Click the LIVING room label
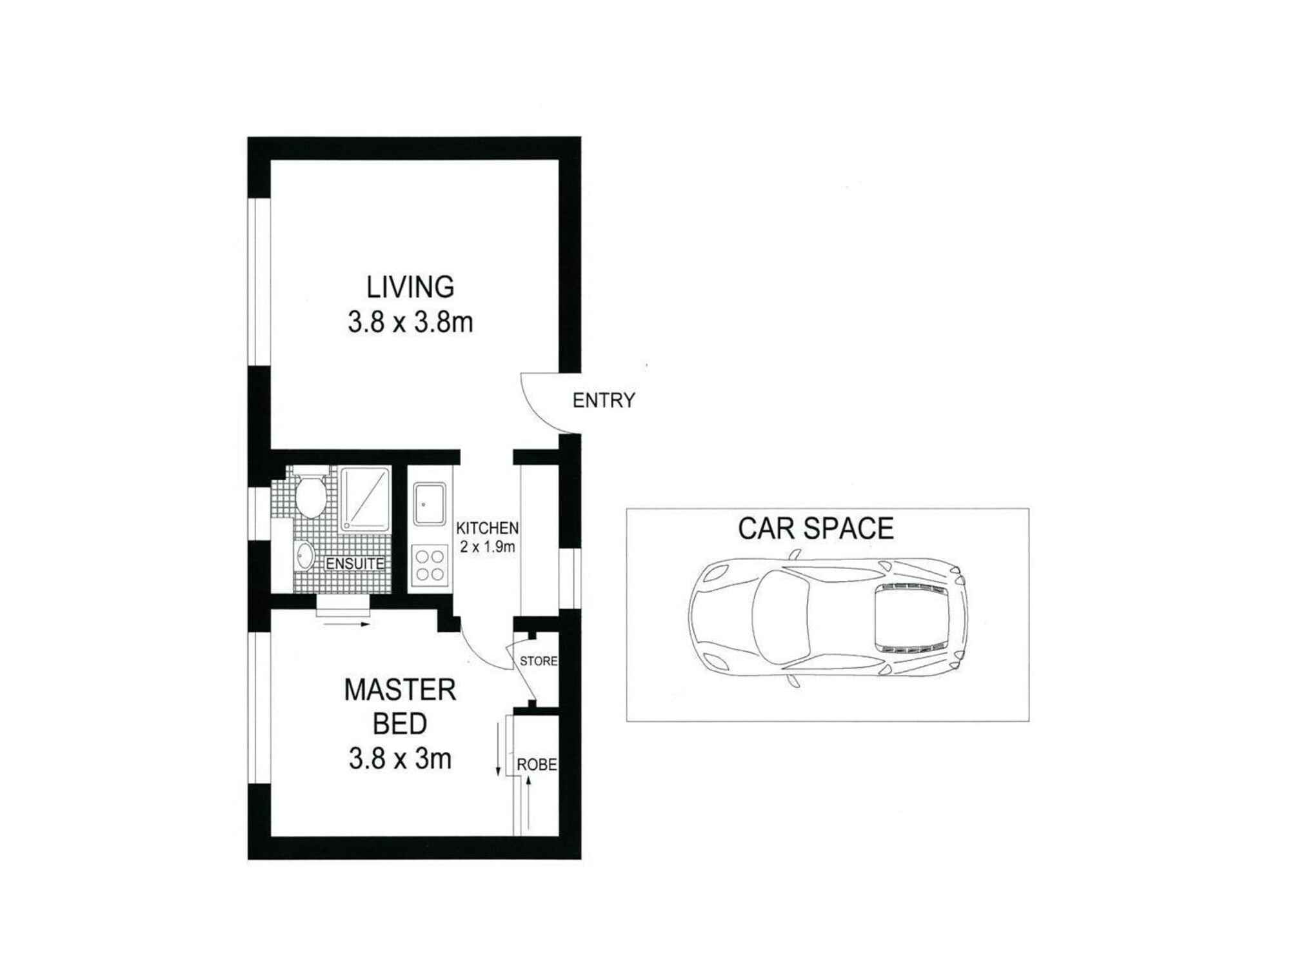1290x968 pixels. [410, 287]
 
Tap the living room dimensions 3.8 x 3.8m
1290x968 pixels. [410, 322]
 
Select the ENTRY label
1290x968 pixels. [604, 401]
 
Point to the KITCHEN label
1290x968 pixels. [487, 528]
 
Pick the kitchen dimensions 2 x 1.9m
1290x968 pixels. [487, 547]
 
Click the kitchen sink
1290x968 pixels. [430, 505]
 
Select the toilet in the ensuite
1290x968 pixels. [310, 497]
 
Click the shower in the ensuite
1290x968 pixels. [365, 499]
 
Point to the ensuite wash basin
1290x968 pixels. [304, 556]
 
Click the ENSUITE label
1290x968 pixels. [355, 563]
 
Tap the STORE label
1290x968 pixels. [539, 661]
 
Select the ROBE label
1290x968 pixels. [537, 765]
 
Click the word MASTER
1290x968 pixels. [400, 690]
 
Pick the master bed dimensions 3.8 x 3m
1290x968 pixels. [400, 759]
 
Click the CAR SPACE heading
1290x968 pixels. [815, 529]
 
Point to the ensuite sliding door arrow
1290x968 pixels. [346, 624]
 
